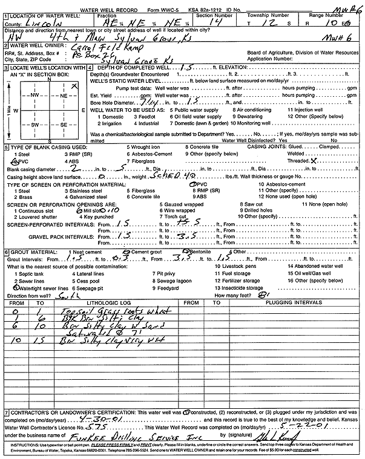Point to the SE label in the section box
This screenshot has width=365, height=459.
pyautogui.click(x=63, y=123)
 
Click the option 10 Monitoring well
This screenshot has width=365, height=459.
pyautogui.click(x=257, y=123)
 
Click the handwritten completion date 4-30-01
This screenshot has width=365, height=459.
pyautogui.click(x=121, y=418)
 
